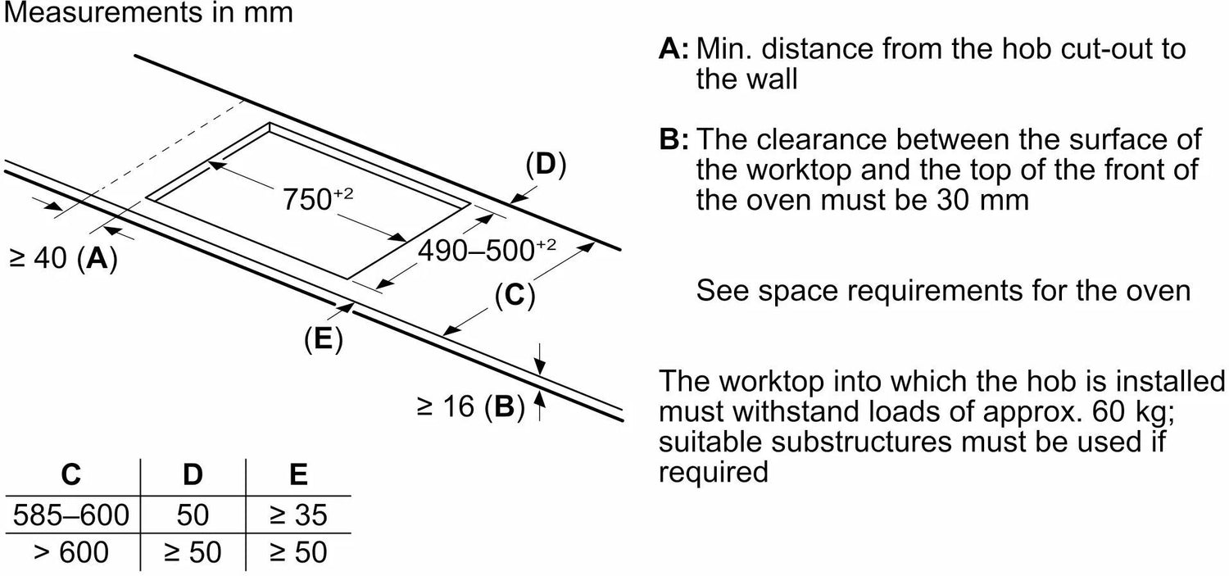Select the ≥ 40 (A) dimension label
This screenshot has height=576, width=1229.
pos(63,259)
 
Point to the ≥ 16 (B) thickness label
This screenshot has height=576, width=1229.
pos(469,406)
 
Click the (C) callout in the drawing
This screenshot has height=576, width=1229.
pos(515,295)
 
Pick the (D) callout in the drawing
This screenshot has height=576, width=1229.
pos(546,165)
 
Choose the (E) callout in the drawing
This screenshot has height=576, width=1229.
pos(322,338)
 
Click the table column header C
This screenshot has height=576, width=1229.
pos(71,474)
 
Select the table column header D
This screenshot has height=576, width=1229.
pos(192,474)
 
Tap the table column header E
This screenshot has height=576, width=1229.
pos(298,474)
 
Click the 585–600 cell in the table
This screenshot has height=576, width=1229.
pos(71,515)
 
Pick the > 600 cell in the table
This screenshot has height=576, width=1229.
pos(71,552)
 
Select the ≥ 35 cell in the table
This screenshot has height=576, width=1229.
pos(298,515)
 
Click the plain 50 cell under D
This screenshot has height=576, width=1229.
pos(192,515)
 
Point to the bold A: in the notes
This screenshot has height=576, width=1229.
pos(673,49)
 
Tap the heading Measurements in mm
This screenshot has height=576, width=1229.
pos(147,14)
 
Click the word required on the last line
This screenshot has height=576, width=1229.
pos(714,472)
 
